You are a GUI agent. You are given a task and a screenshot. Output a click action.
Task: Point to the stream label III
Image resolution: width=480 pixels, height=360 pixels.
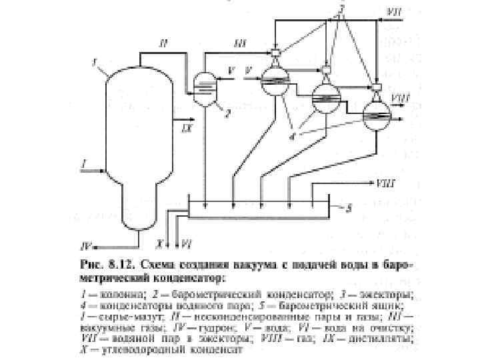(239, 44)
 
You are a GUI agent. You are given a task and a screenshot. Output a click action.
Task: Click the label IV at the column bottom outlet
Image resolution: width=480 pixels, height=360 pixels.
(87, 244)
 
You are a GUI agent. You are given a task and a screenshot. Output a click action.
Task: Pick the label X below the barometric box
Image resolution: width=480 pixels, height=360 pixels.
(161, 244)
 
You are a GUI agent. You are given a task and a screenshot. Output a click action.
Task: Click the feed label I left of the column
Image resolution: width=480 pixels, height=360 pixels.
(83, 162)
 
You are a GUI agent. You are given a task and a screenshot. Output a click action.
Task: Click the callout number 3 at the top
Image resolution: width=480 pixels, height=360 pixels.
(341, 10)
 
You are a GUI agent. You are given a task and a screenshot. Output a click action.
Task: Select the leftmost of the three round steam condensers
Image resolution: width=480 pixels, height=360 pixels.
(273, 79)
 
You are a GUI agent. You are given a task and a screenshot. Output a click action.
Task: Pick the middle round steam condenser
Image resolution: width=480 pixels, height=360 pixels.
(325, 98)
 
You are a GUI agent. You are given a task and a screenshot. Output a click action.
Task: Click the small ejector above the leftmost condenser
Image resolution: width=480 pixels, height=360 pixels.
(276, 53)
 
